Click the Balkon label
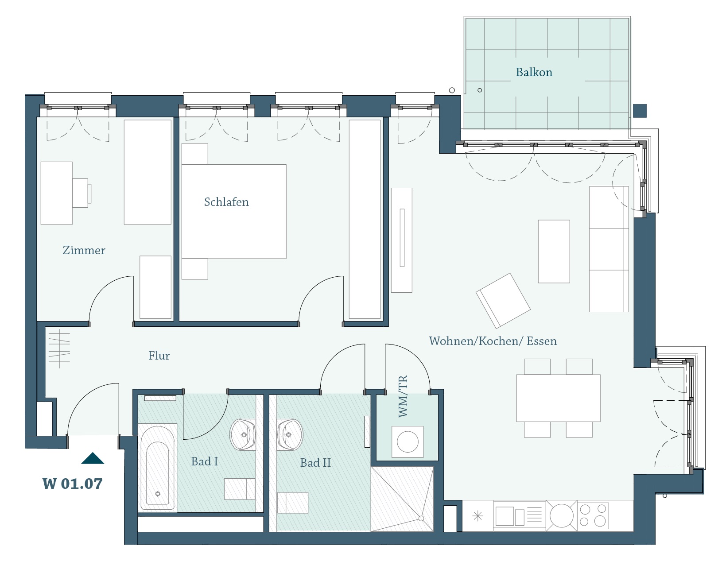(534, 72)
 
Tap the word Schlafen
(226, 202)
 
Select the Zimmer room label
(84, 250)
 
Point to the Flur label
(159, 356)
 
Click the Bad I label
(205, 461)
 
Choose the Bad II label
(315, 463)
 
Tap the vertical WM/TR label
(403, 396)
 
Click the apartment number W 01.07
(73, 484)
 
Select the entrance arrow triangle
(93, 458)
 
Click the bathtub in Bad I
(157, 468)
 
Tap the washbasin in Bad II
(290, 434)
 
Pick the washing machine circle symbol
(408, 442)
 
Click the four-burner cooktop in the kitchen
(593, 515)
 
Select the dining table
(558, 398)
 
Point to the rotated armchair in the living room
(503, 301)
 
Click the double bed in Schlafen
(234, 211)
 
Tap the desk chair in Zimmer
(82, 193)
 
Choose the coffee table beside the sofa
(554, 251)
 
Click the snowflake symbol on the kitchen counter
(477, 515)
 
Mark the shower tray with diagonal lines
(402, 499)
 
